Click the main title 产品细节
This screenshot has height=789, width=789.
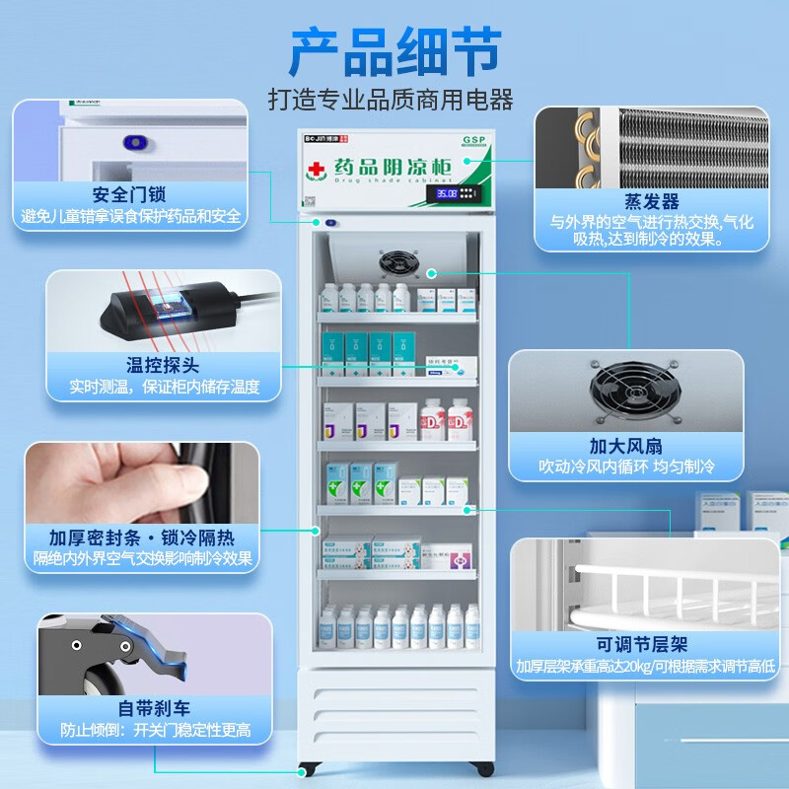tap(394, 51)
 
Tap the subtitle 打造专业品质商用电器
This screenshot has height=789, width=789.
tap(392, 100)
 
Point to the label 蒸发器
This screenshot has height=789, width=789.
tap(652, 202)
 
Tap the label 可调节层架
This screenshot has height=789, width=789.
tap(642, 644)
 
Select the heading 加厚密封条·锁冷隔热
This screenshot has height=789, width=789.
tap(142, 538)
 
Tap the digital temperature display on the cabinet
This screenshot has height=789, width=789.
tap(447, 193)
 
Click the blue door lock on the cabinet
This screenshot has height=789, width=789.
tap(330, 223)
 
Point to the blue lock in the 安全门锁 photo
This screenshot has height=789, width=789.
tap(134, 143)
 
